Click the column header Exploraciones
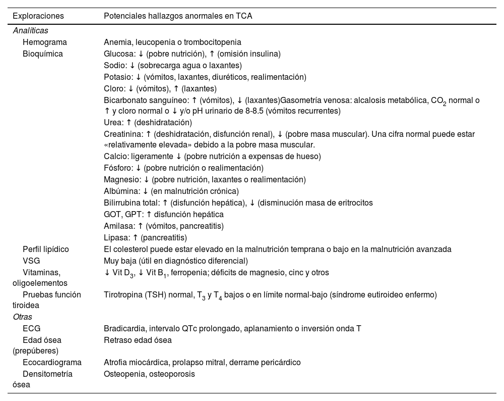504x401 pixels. pyautogui.click(x=38, y=16)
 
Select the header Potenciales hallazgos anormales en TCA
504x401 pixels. pyautogui.click(x=178, y=16)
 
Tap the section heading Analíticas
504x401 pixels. pyautogui.click(x=30, y=31)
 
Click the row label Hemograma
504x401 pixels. pyautogui.click(x=45, y=42)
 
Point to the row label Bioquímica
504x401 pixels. pyautogui.click(x=43, y=54)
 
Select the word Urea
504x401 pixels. pyautogui.click(x=112, y=123)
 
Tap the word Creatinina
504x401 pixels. pyautogui.click(x=122, y=134)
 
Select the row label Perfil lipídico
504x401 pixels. pyautogui.click(x=46, y=249)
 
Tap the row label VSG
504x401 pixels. pyautogui.click(x=31, y=261)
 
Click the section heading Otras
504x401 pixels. pyautogui.click(x=22, y=317)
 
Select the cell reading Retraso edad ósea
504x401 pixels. pyautogui.click(x=138, y=340)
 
